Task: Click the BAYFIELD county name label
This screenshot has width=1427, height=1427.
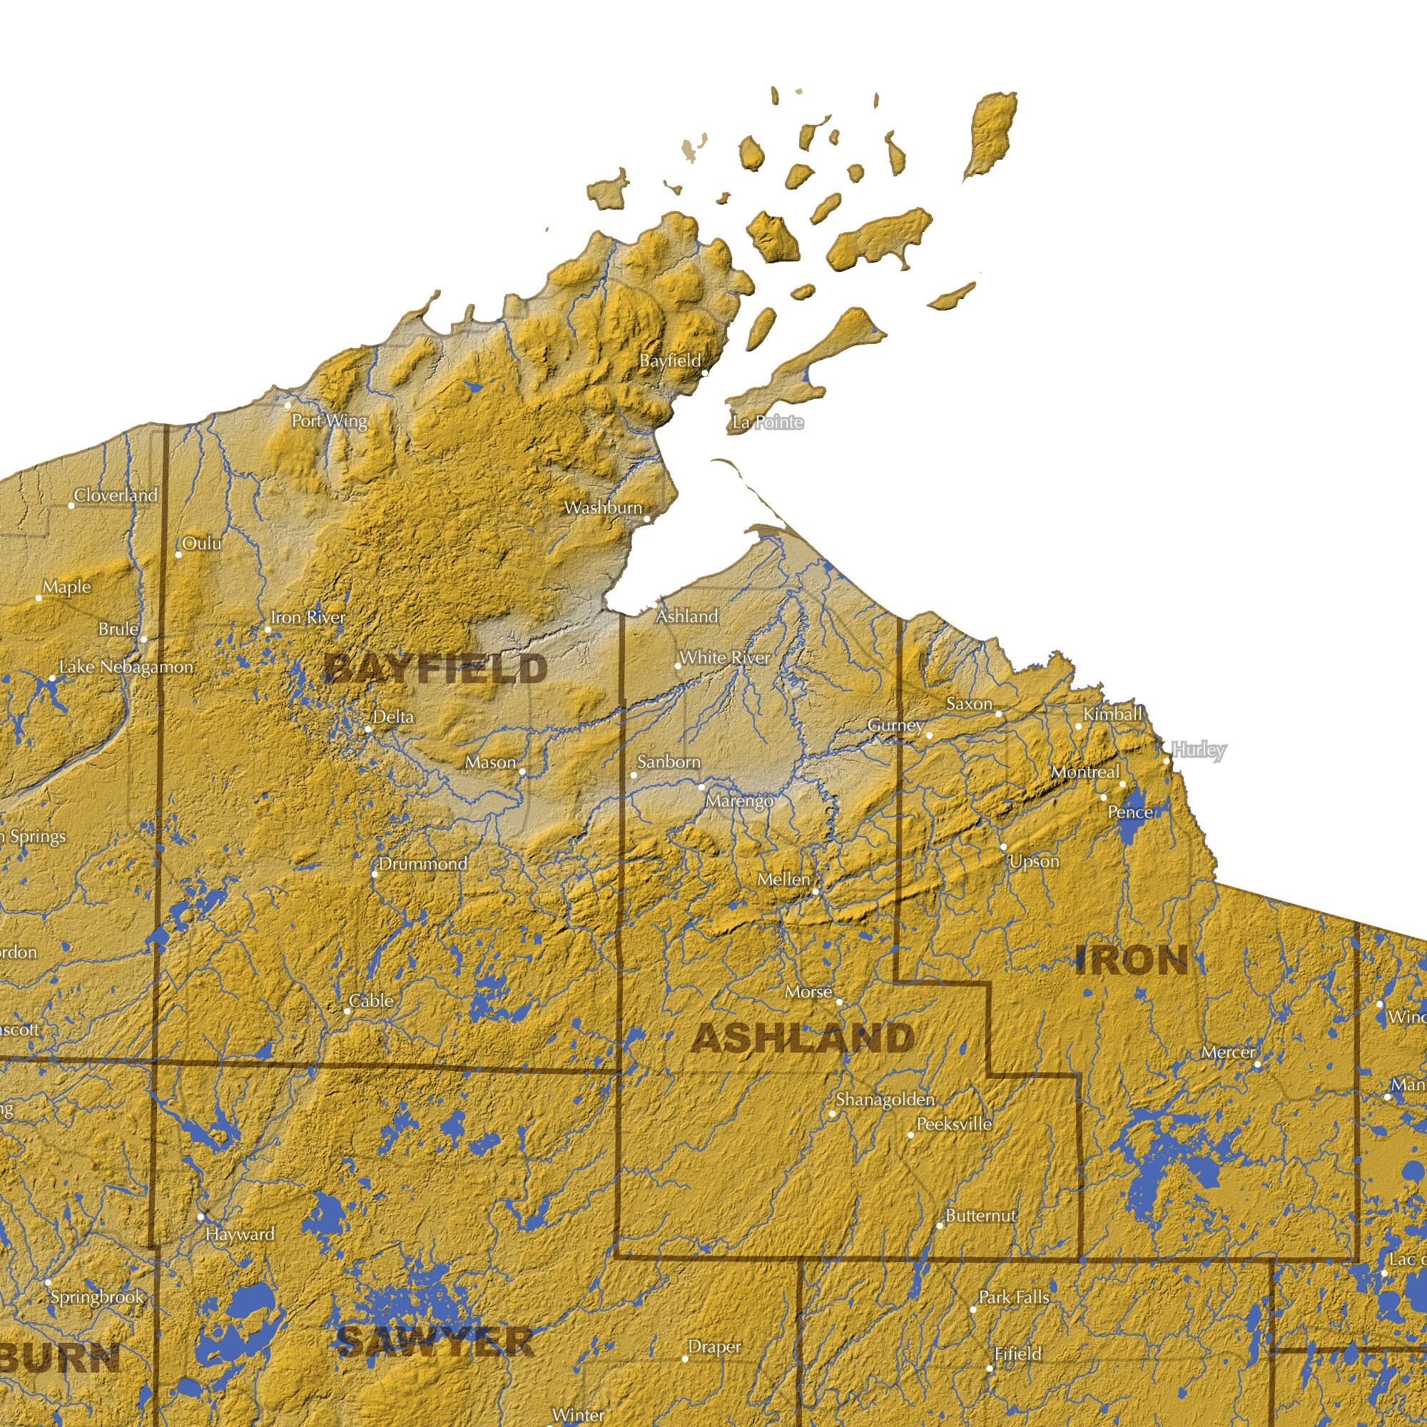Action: (436, 669)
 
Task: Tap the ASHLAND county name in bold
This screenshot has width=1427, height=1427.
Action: (803, 1038)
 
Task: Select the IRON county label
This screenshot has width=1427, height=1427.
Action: (1132, 961)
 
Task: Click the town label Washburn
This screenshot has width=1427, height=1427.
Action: (603, 507)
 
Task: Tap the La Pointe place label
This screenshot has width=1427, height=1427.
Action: (768, 422)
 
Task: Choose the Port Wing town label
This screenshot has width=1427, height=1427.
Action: (329, 420)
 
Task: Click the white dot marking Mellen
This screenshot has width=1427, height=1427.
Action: (816, 891)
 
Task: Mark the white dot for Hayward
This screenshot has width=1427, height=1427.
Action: (200, 1217)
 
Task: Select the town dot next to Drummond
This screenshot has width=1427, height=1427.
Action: (375, 875)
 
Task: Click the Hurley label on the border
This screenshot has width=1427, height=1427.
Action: (1199, 750)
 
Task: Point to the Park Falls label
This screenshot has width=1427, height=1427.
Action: (1013, 1297)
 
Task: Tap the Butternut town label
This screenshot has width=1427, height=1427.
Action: (981, 1216)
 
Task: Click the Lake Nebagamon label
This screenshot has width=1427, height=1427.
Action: (126, 666)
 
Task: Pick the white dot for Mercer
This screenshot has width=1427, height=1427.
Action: (1258, 1065)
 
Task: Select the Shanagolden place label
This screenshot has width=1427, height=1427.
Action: (885, 1099)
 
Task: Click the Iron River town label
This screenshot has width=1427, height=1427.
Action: (308, 616)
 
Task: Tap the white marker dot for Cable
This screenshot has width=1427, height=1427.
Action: (347, 1011)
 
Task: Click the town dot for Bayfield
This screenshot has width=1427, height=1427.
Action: (705, 373)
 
